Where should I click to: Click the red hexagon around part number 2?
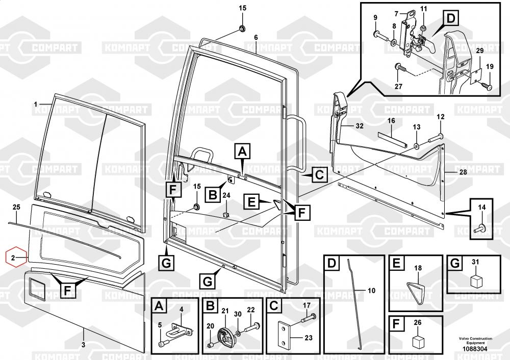[x=15, y=258]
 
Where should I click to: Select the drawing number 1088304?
[x=475, y=349]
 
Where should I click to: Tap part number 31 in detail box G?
[x=475, y=262]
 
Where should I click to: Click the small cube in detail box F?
[x=418, y=340]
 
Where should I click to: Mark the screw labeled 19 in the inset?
[x=487, y=86]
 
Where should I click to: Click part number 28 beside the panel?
[x=463, y=172]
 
